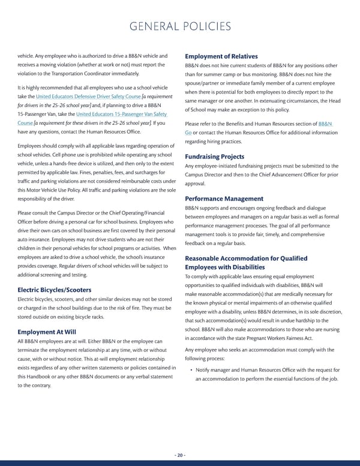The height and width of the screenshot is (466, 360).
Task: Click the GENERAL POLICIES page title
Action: (179, 26)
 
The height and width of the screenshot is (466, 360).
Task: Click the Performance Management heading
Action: (224, 198)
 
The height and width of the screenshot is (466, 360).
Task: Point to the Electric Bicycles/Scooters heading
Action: (55, 290)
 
